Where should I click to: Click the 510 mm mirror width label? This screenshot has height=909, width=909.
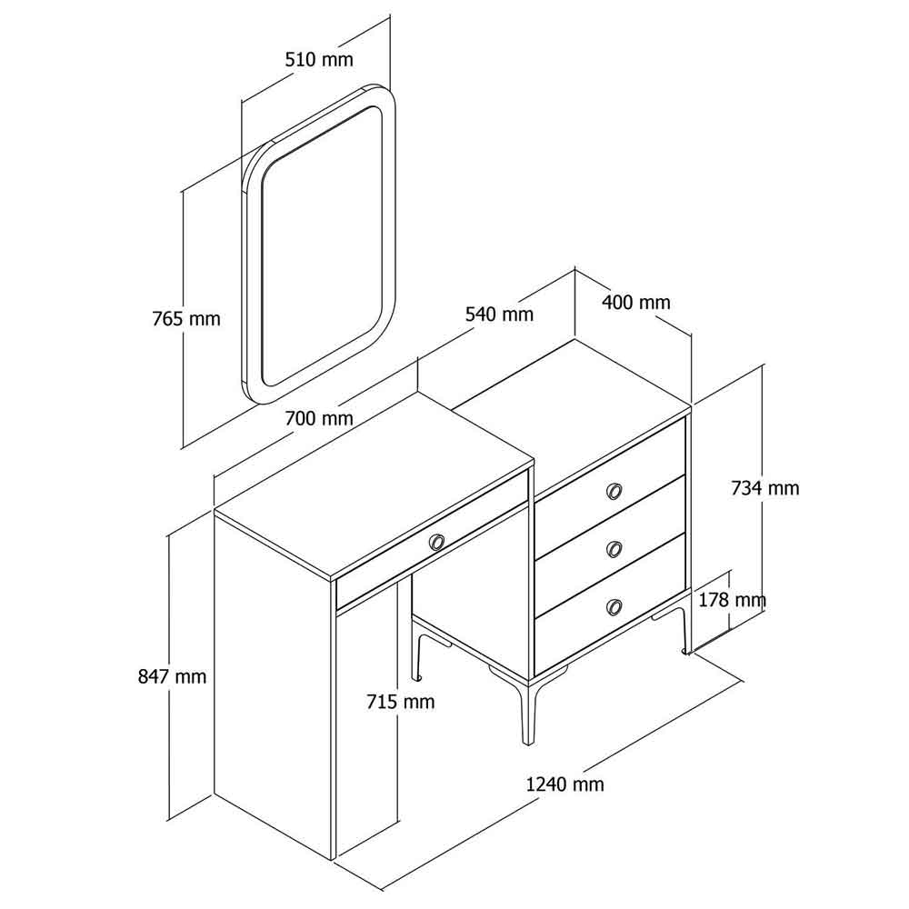pos(319,59)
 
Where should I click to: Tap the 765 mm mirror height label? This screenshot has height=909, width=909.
pos(186,319)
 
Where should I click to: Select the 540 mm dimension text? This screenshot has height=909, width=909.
pos(499,315)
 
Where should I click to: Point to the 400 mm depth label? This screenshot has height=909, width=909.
pos(636,302)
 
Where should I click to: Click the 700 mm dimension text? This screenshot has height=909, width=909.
pos(319,418)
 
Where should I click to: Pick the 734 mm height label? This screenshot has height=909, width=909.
pos(764,488)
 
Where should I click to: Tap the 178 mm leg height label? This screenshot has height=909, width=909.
pos(732,600)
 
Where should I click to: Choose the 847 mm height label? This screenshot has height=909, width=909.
pos(172,676)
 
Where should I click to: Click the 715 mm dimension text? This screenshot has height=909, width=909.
pos(401,702)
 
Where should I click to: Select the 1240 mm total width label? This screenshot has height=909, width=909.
pos(564,784)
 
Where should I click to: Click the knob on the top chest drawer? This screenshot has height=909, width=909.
pos(614,492)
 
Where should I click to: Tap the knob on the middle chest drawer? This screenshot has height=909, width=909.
pos(614,548)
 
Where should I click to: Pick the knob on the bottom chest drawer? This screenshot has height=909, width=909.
pos(614,607)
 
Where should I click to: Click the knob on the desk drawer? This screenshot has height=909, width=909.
pos(436,542)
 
